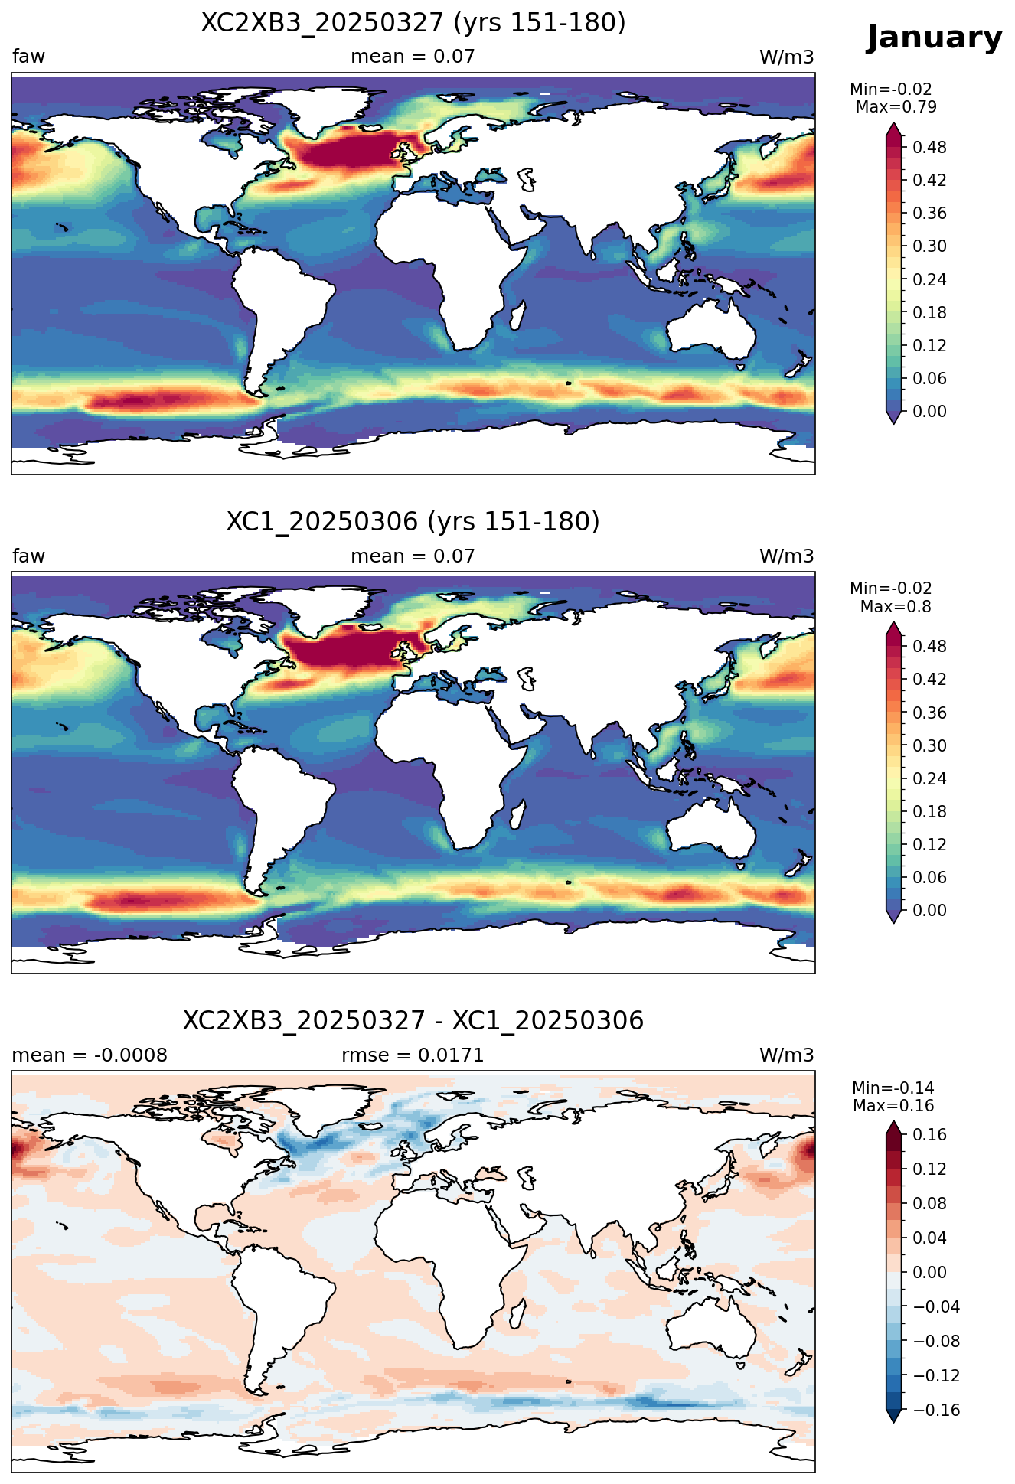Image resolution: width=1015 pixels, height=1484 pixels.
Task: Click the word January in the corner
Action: click(934, 38)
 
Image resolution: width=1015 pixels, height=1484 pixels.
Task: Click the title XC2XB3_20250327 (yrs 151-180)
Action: click(413, 23)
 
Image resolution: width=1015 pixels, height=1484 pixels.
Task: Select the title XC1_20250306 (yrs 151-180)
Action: click(413, 522)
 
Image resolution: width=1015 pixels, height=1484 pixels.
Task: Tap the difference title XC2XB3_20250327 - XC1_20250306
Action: click(413, 1021)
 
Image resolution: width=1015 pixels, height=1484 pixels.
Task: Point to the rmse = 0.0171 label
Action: click(413, 1055)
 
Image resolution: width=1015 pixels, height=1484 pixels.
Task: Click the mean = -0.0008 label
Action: click(90, 1055)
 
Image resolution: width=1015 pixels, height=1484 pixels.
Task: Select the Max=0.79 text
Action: click(896, 107)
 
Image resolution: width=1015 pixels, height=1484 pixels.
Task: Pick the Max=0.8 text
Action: click(896, 607)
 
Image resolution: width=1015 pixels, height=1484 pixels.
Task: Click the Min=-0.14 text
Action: click(893, 1088)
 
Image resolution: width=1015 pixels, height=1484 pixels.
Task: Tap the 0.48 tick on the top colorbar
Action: click(929, 148)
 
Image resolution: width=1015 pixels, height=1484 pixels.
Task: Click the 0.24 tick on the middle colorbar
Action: click(929, 779)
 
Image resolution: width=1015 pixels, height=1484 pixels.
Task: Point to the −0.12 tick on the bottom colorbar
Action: click(935, 1375)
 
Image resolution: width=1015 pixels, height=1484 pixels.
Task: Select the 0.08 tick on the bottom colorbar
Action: click(929, 1203)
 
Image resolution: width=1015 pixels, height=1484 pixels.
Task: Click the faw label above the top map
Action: click(28, 57)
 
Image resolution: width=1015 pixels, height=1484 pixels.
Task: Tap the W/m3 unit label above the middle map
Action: click(786, 556)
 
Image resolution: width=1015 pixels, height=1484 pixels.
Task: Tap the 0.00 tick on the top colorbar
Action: click(929, 412)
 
